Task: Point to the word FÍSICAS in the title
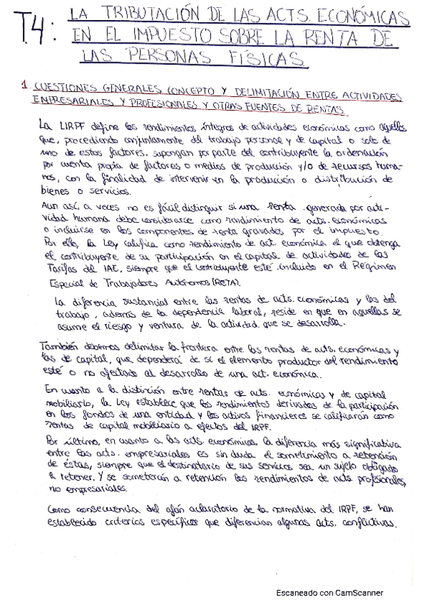[271, 57]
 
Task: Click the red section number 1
[24, 88]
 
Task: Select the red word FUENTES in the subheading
[280, 109]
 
